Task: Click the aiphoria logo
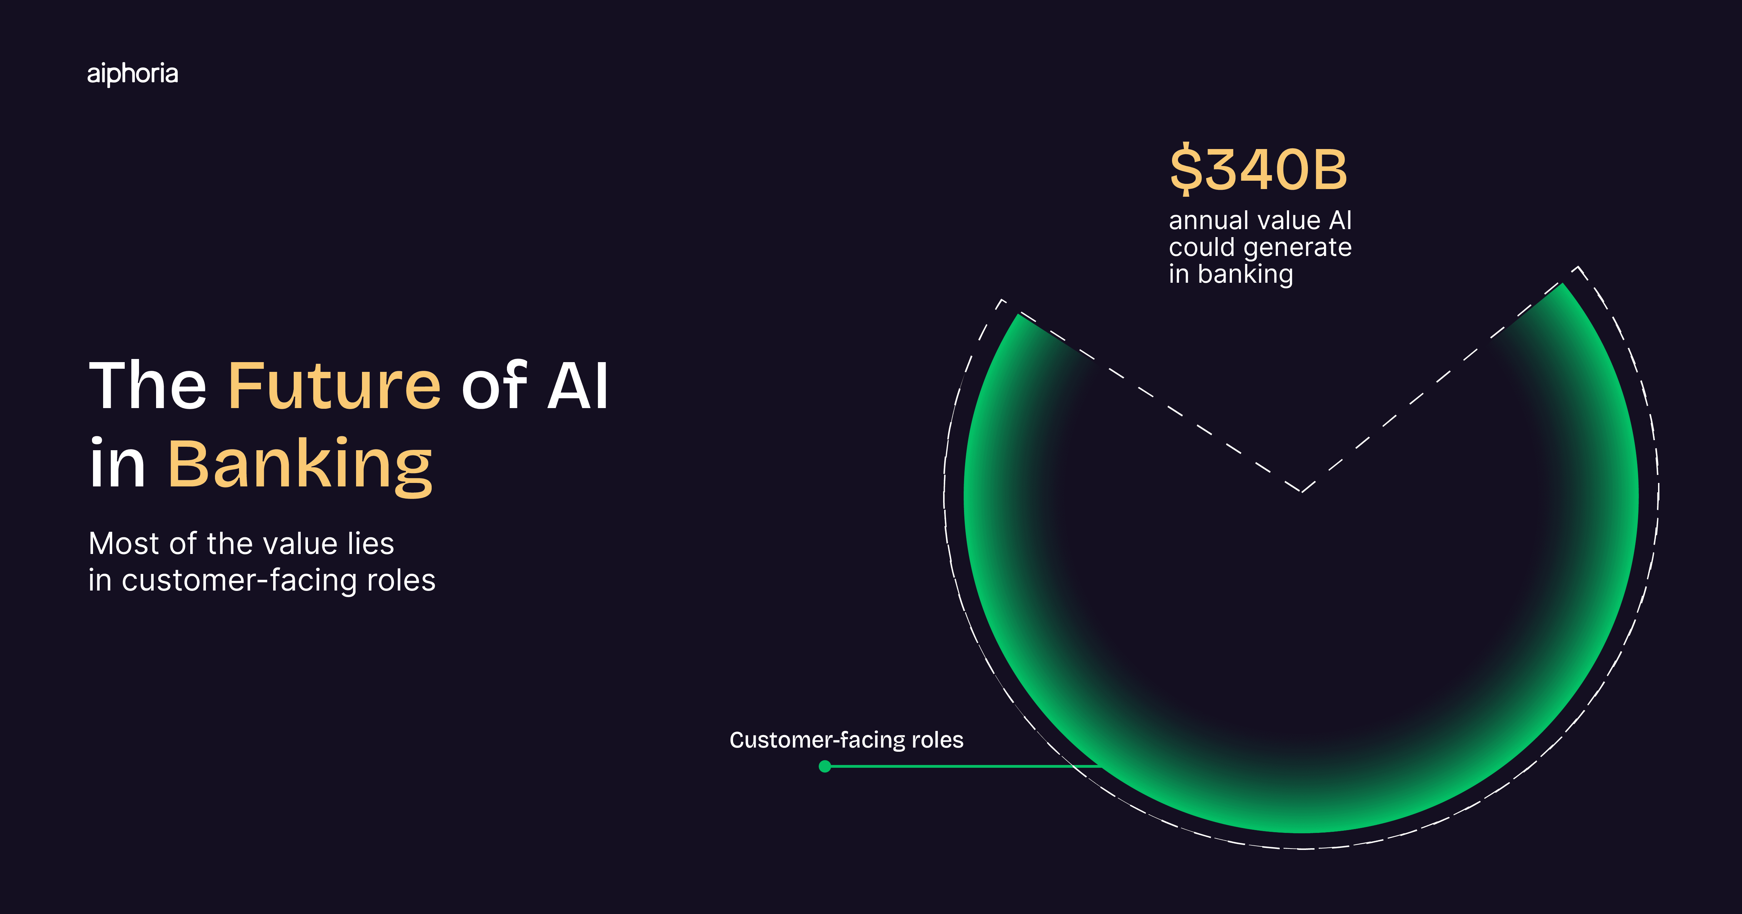132,74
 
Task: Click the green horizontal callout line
960,766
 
